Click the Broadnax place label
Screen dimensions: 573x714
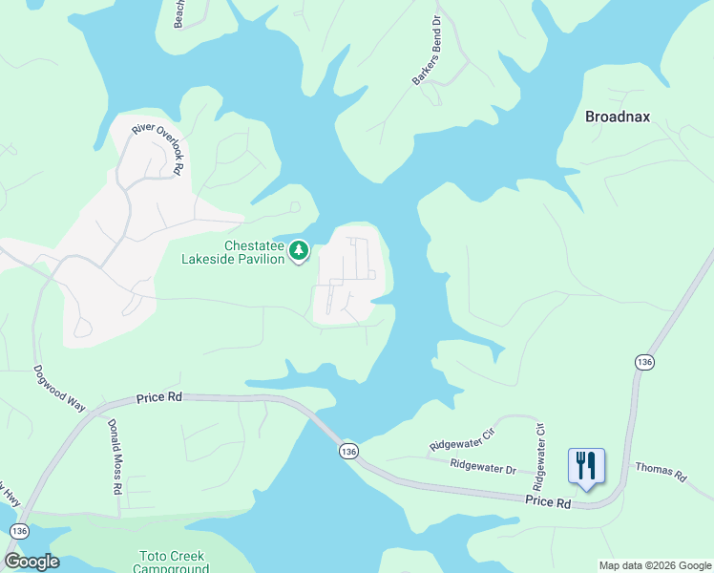617,117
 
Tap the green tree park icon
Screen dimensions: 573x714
300,251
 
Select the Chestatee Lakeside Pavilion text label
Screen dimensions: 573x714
233,252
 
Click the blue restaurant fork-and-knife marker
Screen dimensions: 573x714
586,466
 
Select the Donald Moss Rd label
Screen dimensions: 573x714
114,456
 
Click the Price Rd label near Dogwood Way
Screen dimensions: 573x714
158,396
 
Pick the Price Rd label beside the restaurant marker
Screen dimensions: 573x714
548,501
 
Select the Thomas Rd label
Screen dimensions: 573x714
661,473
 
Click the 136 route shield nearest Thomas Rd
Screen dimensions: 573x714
645,362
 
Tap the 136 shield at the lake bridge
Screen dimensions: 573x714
348,451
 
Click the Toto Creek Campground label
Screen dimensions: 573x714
173,562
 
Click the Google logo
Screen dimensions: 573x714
31,562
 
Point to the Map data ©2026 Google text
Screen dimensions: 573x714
654,565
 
